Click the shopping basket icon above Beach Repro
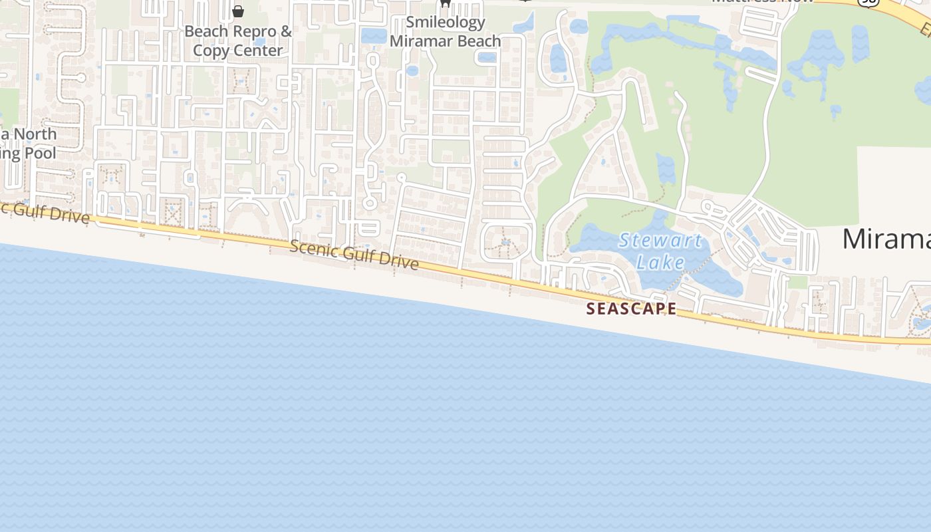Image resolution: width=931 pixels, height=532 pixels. tap(238, 11)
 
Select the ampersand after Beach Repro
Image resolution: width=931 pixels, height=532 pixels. tap(287, 31)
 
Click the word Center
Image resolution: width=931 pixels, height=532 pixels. tap(255, 51)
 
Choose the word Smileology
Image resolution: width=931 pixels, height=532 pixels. tap(446, 22)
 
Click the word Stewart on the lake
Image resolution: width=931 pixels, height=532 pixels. tap(660, 240)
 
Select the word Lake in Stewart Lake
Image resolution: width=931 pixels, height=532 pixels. tap(660, 262)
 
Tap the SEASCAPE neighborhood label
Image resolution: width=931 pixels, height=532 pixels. tap(631, 309)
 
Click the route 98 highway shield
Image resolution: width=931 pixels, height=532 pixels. tap(868, 3)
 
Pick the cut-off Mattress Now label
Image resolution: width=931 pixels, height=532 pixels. tap(762, 2)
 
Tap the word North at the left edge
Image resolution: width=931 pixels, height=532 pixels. tap(35, 134)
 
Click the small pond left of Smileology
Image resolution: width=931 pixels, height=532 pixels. tap(374, 36)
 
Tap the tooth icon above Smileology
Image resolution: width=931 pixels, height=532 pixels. tap(446, 3)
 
